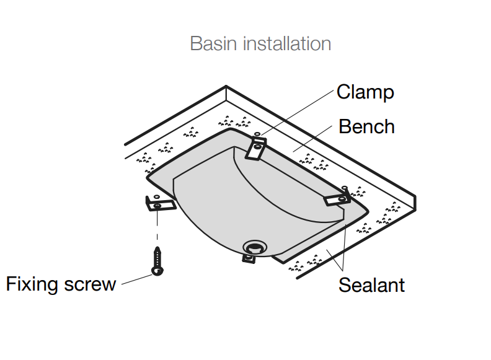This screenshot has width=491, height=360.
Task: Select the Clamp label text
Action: pos(365,92)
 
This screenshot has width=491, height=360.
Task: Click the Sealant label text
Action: pos(371,285)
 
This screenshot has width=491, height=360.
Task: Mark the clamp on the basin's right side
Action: pos(337,197)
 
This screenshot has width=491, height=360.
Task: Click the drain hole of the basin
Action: pos(254,247)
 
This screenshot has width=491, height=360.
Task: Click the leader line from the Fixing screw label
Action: pos(137,280)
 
